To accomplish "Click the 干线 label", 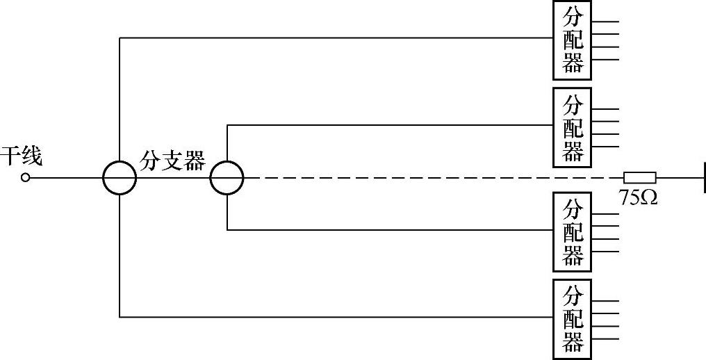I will coord(21,156).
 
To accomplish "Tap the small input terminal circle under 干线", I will coord(26,178).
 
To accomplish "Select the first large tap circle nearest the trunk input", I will coord(120,178).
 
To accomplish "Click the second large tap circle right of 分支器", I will coord(227,178).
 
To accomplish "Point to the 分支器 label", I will coord(173,161).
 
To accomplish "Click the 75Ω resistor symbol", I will coord(639,178).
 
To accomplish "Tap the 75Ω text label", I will coord(638,197).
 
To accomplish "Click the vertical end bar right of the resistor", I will coord(703,178).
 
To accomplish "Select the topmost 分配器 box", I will coord(572,40).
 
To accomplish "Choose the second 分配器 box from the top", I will coord(572,127).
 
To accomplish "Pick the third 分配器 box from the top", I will coord(572,231).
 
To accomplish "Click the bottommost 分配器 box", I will coord(572,319).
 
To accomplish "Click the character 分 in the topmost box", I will coord(572,17).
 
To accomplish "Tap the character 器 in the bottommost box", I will coord(572,343).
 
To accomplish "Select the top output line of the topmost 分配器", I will coord(605,22).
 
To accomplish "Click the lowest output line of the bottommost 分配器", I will coord(605,338).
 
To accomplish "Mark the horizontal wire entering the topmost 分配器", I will coord(334,38).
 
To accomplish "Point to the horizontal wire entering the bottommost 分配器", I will coord(334,317).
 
